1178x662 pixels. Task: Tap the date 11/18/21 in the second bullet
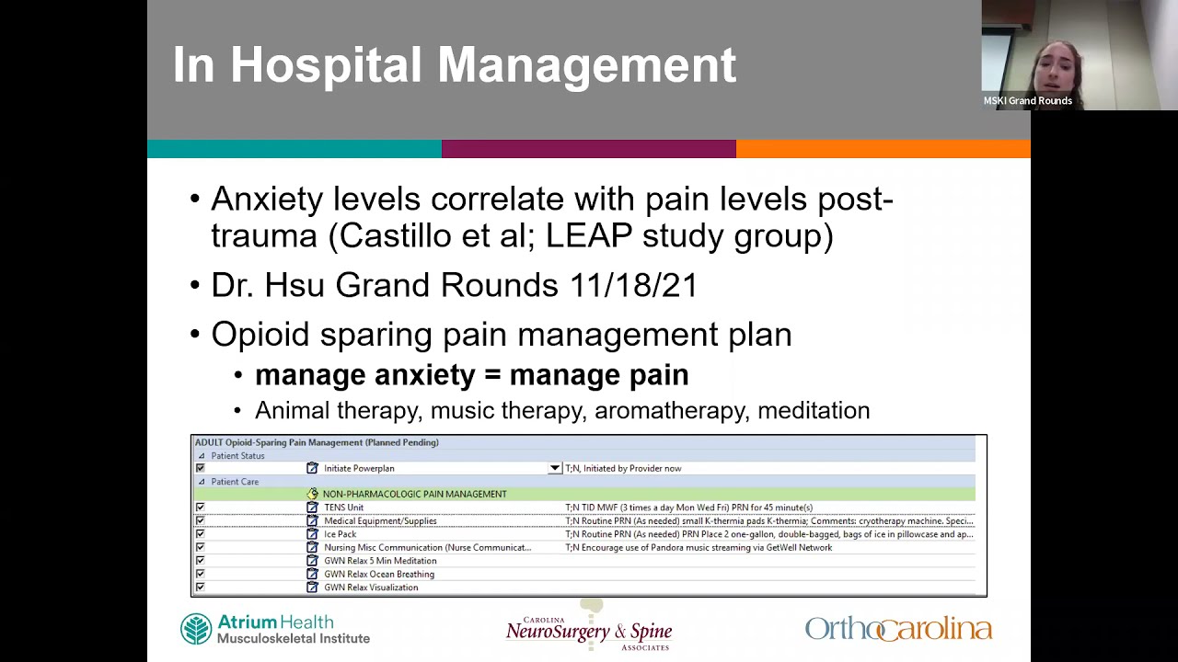tap(633, 285)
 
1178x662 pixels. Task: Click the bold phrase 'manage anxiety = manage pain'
tap(471, 375)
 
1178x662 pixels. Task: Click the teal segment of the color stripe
tap(294, 149)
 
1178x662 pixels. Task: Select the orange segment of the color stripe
tap(883, 149)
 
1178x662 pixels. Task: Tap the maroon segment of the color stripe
tap(589, 149)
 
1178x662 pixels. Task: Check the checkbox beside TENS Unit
tap(200, 508)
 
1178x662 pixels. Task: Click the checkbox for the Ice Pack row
tap(200, 534)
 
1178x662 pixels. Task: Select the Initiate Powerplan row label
tap(359, 468)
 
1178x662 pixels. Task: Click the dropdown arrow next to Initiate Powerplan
tap(555, 468)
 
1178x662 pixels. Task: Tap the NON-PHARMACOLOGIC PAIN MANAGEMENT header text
tap(414, 494)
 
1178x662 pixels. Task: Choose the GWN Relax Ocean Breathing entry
tap(379, 574)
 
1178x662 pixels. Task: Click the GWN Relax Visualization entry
tap(371, 588)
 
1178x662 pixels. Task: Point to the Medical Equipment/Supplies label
tap(380, 521)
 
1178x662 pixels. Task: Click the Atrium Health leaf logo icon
tap(196, 630)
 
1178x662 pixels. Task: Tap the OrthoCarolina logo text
tap(898, 629)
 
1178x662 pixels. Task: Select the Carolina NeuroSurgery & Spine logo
tap(589, 631)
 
